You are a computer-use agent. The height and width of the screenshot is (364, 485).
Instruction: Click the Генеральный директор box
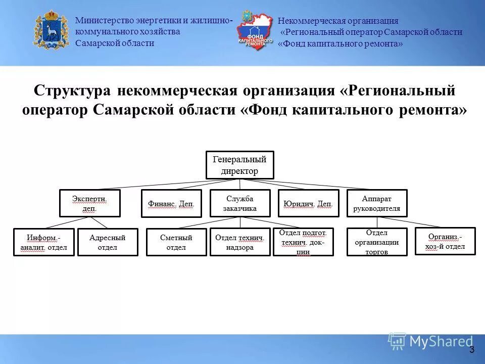point(240,165)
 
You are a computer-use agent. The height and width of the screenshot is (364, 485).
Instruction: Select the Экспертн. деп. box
point(90,203)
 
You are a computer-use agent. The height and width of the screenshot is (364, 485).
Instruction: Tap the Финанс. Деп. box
point(171,203)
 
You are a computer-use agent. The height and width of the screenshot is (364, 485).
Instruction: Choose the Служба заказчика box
point(240,203)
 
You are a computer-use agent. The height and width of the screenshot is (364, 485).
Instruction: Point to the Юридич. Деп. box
point(308,203)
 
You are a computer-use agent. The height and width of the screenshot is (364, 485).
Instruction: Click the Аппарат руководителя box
point(377,203)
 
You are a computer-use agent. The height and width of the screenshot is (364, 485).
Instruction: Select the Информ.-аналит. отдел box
point(43,242)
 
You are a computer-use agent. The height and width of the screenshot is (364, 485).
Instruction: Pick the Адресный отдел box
point(107,242)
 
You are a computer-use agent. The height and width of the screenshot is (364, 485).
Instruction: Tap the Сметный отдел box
point(176,242)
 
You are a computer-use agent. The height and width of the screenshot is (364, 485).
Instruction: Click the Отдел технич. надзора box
point(240,242)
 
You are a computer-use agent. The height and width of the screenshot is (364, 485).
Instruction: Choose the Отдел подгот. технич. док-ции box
point(303,242)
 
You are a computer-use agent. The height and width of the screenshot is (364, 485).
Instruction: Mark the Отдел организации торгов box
point(377,242)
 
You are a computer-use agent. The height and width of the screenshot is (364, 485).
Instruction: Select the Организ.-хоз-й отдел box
point(445,241)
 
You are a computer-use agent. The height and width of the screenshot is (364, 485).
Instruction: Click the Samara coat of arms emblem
point(51,31)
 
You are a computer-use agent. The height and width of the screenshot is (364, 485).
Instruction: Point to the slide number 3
point(472,349)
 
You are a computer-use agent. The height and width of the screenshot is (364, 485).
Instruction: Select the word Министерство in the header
point(104,21)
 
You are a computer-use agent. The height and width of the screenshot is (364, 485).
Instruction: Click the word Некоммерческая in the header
point(311,21)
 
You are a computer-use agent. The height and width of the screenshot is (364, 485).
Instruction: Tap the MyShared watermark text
point(441,342)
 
